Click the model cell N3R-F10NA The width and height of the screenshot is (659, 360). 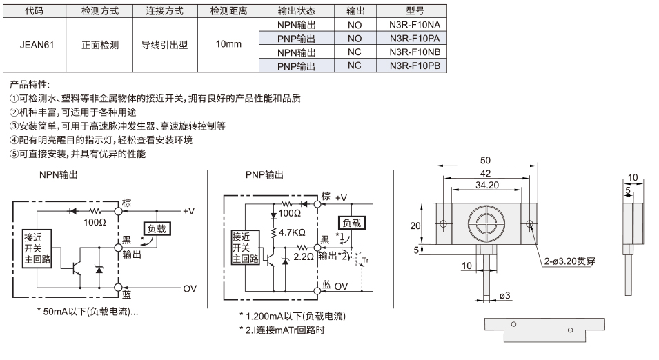[x=415, y=25]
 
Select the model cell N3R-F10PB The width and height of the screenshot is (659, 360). [x=415, y=66]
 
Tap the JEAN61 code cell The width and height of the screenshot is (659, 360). [x=37, y=45]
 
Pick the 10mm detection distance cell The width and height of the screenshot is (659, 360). [x=228, y=44]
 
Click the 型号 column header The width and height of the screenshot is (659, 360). [x=415, y=11]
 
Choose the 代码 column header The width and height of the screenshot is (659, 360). [x=35, y=11]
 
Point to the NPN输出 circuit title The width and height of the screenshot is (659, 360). [x=59, y=174]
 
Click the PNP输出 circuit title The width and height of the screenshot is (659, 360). [x=264, y=174]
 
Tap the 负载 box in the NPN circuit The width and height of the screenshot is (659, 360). [x=157, y=229]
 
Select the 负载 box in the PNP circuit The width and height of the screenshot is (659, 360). [x=352, y=223]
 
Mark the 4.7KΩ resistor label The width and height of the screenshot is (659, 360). [x=292, y=232]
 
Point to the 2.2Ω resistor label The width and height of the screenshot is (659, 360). [x=303, y=257]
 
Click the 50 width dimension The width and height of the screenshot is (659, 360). [x=485, y=161]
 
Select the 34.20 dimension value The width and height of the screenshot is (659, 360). [x=487, y=185]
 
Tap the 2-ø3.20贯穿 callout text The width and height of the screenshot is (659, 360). [x=569, y=261]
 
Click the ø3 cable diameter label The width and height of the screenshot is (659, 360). [x=504, y=295]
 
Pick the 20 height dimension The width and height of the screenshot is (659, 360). [x=415, y=226]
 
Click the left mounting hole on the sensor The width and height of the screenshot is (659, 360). [x=443, y=224]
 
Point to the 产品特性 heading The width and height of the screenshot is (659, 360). [x=30, y=84]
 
